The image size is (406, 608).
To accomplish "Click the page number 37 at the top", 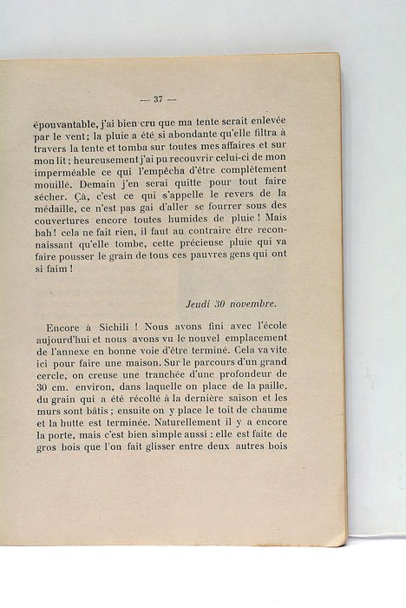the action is tap(158, 99).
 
